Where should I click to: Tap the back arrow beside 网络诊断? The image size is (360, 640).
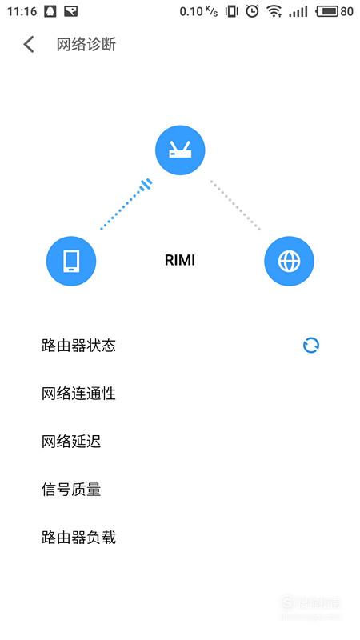pyautogui.click(x=29, y=45)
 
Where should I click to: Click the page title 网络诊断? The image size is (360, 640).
pyautogui.click(x=86, y=45)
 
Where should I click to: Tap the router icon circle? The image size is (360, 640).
pyautogui.click(x=180, y=150)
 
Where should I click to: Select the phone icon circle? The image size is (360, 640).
pyautogui.click(x=71, y=261)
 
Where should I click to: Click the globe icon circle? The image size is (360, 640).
pyautogui.click(x=289, y=261)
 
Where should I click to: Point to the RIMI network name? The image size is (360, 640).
pyautogui.click(x=180, y=261)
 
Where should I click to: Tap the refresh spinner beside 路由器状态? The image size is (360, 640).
pyautogui.click(x=311, y=346)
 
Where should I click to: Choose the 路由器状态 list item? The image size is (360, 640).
pyautogui.click(x=78, y=346)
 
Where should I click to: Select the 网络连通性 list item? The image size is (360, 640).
pyautogui.click(x=78, y=394)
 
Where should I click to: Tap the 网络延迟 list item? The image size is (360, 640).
pyautogui.click(x=71, y=442)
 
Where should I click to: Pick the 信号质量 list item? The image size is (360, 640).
pyautogui.click(x=71, y=489)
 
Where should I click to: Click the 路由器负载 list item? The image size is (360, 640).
pyautogui.click(x=78, y=537)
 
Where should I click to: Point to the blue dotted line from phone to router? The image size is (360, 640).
pyautogui.click(x=126, y=204)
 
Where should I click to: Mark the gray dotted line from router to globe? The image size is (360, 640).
pyautogui.click(x=235, y=205)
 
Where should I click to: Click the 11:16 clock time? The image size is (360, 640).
pyautogui.click(x=22, y=11)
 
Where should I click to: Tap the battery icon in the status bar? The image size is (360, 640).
pyautogui.click(x=327, y=11)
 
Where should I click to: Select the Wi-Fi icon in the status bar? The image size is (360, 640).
pyautogui.click(x=274, y=11)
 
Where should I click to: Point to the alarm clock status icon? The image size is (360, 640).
pyautogui.click(x=252, y=11)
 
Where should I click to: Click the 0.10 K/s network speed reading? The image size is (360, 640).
pyautogui.click(x=198, y=11)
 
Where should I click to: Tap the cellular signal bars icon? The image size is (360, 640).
pyautogui.click(x=298, y=12)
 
